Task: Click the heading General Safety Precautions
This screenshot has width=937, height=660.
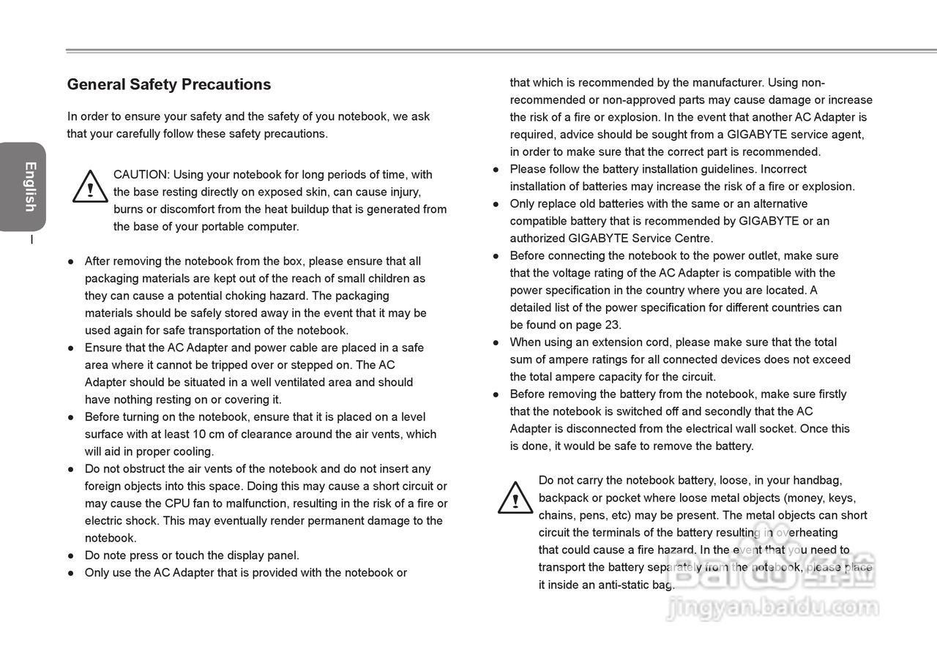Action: [x=169, y=85]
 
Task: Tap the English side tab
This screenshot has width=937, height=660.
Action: [x=29, y=187]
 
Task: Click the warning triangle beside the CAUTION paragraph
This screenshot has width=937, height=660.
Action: [x=90, y=187]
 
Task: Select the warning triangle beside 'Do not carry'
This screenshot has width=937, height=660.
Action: [x=515, y=498]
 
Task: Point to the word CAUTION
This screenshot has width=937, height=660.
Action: [x=141, y=175]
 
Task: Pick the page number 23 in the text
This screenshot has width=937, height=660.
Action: [x=613, y=326]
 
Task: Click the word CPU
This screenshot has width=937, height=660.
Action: [x=177, y=504]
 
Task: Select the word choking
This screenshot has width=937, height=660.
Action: [x=244, y=296]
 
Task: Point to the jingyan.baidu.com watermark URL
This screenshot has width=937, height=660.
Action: [x=772, y=607]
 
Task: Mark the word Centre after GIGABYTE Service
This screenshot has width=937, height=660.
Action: [x=692, y=239]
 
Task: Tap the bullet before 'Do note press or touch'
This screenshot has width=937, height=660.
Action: [x=71, y=556]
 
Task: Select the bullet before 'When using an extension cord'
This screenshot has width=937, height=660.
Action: [x=496, y=342]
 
